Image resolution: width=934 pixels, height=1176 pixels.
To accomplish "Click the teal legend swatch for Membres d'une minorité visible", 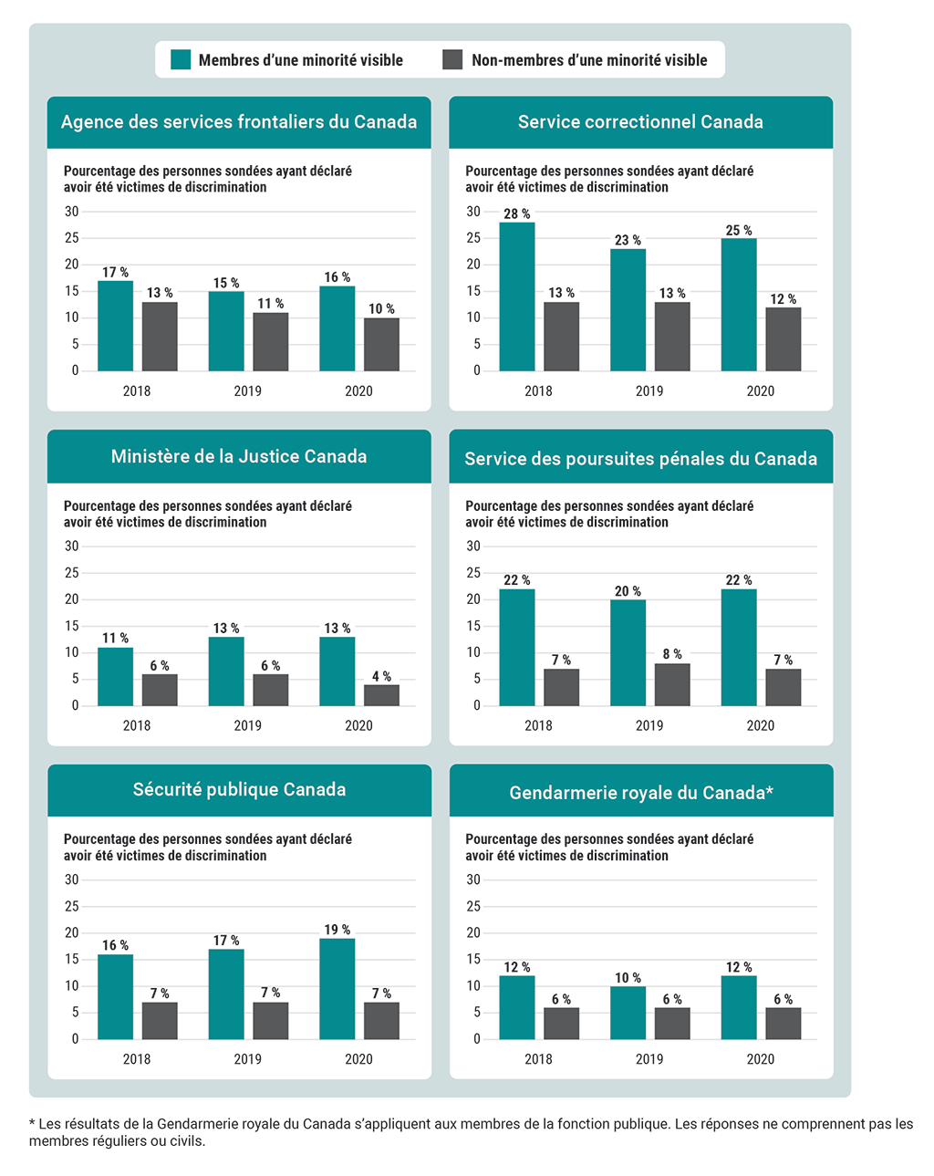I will pos(182,60).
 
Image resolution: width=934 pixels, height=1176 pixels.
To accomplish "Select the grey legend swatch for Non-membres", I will pos(452,60).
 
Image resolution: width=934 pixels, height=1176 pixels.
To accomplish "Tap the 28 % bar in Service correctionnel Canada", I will pos(517,297).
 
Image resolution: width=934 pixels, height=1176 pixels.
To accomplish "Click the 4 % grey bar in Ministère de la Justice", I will pos(381,695).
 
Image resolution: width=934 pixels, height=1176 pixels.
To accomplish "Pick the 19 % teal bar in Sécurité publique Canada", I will pos(337,989).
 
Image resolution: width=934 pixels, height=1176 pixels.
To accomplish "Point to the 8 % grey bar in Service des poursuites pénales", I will pos(672,684).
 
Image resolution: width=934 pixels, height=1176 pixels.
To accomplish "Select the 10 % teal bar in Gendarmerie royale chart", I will pos(628,1013).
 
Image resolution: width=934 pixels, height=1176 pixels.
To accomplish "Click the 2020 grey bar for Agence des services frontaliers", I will pos(381,345).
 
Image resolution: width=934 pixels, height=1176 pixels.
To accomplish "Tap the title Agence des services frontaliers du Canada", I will pos(239,122).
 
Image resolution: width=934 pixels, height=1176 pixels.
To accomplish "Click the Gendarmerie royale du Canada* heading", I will pos(641,793).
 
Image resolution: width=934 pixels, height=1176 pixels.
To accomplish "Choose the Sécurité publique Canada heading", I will pos(239,790).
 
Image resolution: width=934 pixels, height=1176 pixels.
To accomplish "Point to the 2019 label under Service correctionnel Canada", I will pos(649,391).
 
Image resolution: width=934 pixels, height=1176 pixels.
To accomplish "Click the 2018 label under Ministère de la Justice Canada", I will pos(137,726).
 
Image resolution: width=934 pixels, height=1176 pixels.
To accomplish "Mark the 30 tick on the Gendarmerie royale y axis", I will pos(473,880).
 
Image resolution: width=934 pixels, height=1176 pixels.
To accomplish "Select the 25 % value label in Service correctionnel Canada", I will pos(739,231).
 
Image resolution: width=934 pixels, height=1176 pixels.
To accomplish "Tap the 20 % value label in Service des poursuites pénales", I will pos(628,591).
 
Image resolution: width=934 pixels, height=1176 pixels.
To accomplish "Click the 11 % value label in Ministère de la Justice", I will pos(115,639).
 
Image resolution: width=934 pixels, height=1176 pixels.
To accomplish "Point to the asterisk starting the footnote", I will pos(32,1123).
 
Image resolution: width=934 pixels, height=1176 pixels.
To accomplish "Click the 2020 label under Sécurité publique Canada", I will pos(358,1059).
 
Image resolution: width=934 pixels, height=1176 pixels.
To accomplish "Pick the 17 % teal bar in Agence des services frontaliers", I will pos(116,326).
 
